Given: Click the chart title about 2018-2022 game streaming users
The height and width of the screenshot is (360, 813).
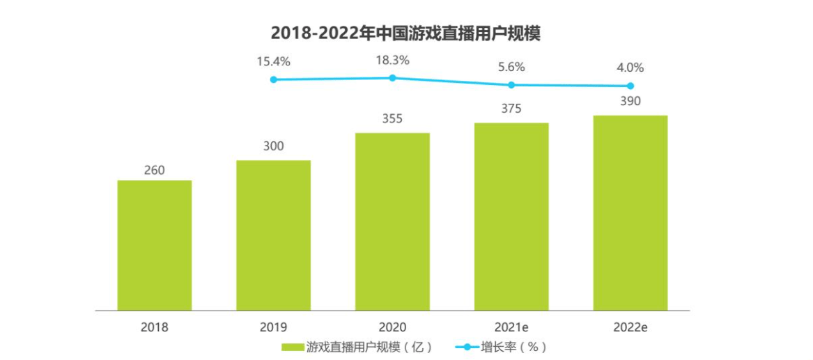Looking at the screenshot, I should (405, 33).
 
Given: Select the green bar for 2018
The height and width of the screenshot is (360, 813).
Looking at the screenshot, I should (154, 245).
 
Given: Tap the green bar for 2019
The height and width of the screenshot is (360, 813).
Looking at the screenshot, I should (273, 235).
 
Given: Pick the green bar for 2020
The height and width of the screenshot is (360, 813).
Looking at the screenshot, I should (392, 221).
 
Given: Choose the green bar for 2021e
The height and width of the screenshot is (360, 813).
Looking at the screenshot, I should (511, 217).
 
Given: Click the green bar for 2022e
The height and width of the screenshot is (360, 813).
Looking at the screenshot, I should (630, 212).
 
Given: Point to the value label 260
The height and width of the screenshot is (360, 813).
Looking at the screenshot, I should (154, 170).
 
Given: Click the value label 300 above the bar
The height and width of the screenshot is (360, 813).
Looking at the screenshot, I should (273, 147).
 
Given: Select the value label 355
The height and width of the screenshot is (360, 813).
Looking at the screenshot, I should (392, 119).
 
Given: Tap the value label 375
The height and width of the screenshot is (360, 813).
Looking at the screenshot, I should (511, 109).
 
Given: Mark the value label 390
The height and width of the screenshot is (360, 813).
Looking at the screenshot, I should (630, 102).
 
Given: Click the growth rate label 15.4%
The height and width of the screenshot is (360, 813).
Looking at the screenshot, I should (273, 61).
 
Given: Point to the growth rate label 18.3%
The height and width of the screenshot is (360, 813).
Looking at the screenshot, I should (392, 60).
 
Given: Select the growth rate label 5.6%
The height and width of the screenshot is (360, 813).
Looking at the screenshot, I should (511, 68).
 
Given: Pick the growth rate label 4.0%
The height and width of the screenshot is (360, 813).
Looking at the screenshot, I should (630, 68).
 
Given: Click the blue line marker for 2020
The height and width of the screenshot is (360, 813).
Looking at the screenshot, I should (392, 78).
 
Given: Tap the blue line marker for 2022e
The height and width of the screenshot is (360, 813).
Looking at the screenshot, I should (630, 86).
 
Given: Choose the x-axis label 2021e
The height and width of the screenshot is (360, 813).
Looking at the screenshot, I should (511, 326).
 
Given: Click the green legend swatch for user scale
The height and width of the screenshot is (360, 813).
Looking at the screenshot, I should (293, 347).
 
